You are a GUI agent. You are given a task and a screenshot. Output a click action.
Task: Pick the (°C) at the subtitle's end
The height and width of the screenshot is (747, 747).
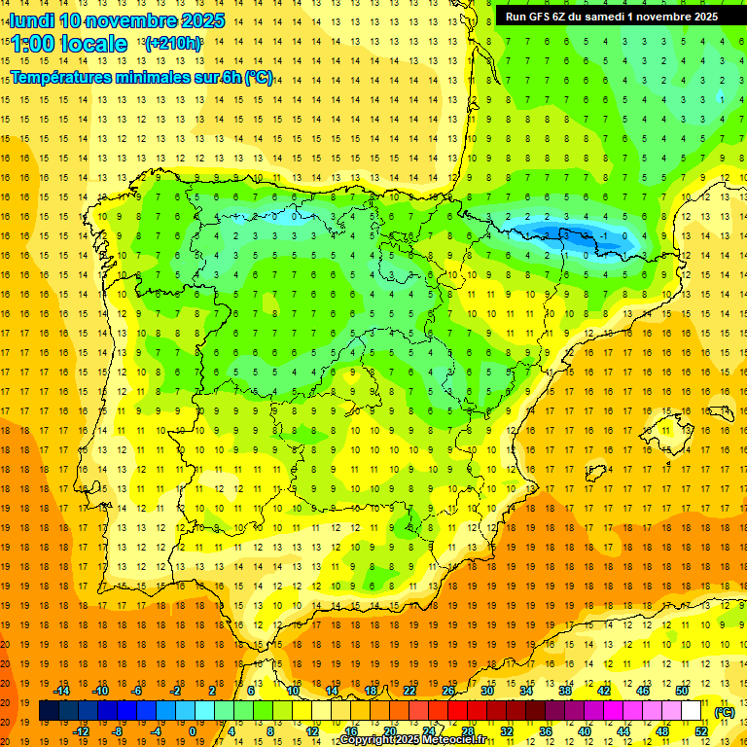[259, 78]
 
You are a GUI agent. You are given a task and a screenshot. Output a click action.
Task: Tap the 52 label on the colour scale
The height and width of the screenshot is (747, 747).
[701, 731]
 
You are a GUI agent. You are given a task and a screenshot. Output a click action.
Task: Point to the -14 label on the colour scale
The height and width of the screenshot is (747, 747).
[61, 691]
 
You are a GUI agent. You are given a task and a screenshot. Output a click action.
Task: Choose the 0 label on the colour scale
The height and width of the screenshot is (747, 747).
[193, 731]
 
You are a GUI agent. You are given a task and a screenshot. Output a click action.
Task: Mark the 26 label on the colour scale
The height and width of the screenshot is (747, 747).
[448, 691]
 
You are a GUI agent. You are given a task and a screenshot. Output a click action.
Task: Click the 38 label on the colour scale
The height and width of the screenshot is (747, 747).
[565, 691]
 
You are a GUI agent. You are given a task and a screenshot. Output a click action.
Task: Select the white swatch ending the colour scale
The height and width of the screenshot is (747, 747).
[691, 711]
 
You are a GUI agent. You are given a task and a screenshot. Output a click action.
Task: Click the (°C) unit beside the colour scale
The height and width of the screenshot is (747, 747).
[725, 712]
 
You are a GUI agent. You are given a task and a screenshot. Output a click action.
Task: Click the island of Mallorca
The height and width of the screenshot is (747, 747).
[670, 425]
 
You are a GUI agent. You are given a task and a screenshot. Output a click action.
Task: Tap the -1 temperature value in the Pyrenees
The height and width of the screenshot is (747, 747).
[605, 235]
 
